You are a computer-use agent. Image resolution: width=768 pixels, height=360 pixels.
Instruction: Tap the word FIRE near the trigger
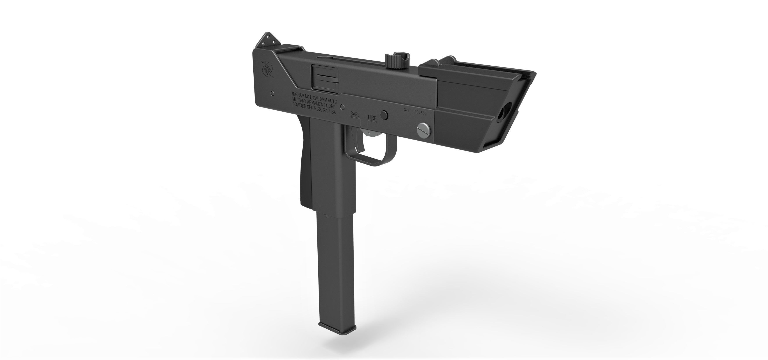click(x=372, y=118)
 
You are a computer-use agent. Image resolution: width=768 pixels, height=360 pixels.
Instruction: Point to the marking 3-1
click(x=406, y=110)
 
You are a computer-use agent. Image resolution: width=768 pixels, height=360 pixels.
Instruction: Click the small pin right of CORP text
click(x=343, y=106)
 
